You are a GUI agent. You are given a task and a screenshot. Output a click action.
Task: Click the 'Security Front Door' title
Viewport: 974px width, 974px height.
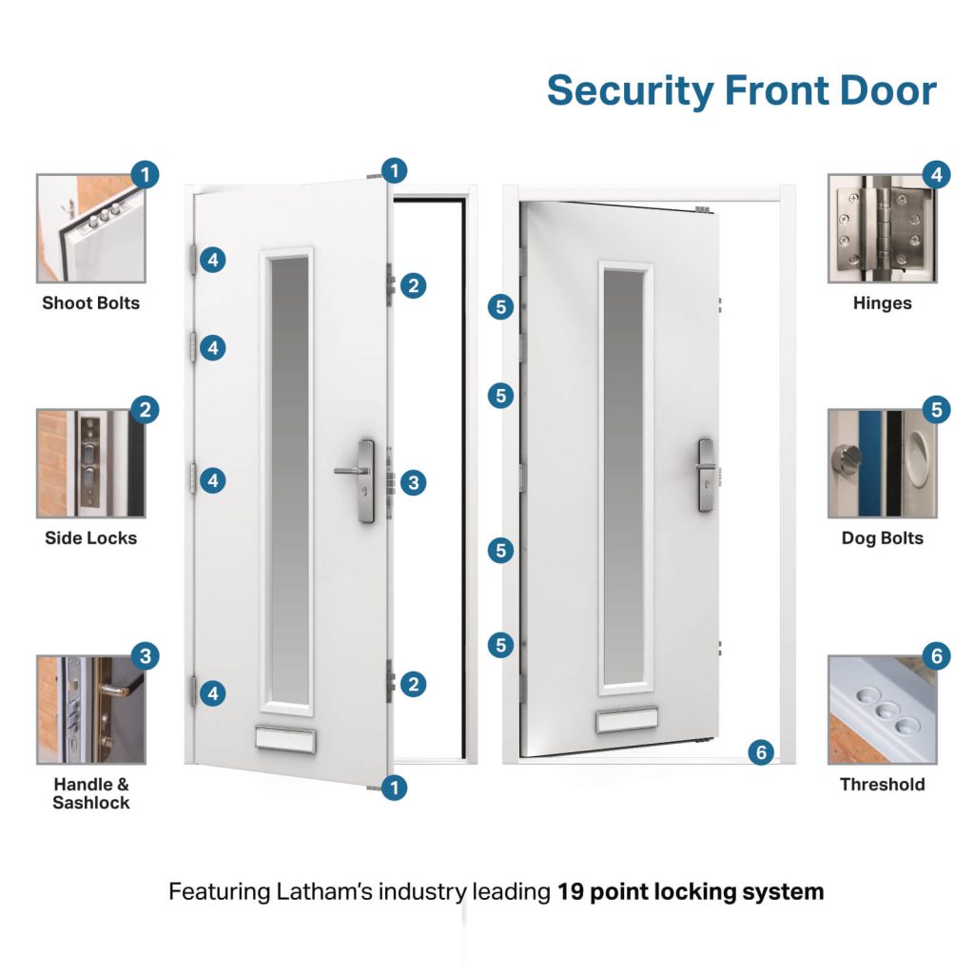click(x=741, y=91)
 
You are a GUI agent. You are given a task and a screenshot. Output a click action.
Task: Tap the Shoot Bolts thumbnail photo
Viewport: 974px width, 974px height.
click(x=90, y=228)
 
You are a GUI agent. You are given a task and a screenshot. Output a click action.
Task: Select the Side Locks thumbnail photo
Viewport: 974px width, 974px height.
click(x=90, y=463)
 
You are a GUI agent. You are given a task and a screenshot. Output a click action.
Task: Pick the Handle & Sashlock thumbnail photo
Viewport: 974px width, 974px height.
click(x=90, y=710)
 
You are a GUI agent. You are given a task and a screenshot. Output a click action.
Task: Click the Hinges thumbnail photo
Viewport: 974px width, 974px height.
click(x=882, y=228)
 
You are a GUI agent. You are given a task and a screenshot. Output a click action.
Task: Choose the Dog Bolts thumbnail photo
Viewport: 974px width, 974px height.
click(x=882, y=463)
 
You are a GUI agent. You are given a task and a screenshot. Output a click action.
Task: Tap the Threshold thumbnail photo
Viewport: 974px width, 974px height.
click(x=882, y=710)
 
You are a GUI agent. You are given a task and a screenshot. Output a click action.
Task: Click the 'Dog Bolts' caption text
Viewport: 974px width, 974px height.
click(x=882, y=538)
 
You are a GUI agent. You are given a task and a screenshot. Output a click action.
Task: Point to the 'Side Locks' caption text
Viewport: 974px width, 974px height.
click(x=90, y=538)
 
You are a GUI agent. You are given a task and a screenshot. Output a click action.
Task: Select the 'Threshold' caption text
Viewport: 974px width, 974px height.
click(x=882, y=785)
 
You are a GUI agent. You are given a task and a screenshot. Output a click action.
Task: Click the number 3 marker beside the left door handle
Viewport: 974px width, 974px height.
click(x=412, y=482)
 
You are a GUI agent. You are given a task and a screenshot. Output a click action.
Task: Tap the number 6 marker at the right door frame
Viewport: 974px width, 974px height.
click(x=760, y=751)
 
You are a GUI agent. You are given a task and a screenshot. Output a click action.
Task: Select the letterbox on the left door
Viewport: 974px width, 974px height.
click(x=285, y=738)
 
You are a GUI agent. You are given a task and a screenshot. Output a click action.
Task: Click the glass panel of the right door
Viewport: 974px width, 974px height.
click(x=625, y=476)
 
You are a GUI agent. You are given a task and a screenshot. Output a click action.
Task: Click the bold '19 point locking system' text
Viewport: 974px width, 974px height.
click(x=690, y=892)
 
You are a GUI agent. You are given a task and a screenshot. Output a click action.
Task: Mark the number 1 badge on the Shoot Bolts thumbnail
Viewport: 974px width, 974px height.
click(x=144, y=175)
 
